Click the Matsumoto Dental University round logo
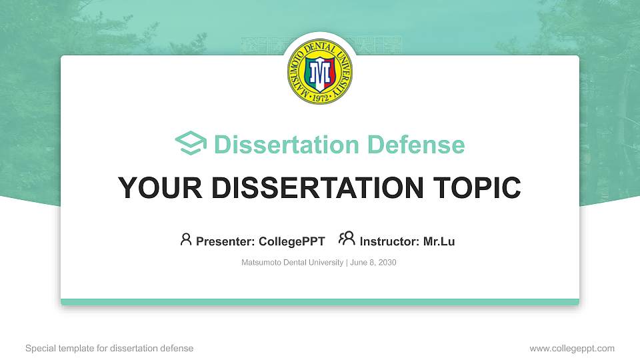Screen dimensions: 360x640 320,71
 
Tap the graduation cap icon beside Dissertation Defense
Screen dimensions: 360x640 191,144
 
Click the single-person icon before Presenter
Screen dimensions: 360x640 186,239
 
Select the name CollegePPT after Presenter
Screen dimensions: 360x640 291,241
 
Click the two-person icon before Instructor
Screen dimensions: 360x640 347,239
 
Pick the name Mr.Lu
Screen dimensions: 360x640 439,241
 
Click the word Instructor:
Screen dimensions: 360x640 390,241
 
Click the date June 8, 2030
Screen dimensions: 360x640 373,263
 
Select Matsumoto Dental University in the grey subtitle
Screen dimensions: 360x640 292,263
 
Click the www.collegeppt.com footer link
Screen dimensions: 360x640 572,348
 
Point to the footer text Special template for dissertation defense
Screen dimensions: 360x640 109,348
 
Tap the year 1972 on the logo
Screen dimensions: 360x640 320,98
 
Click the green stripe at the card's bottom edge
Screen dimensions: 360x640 320,302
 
